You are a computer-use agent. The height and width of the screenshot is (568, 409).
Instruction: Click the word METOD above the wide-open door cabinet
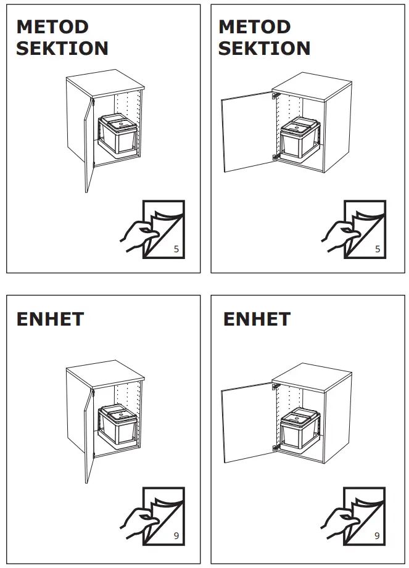(254, 27)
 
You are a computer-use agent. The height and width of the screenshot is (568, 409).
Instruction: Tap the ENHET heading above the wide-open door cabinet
(256, 319)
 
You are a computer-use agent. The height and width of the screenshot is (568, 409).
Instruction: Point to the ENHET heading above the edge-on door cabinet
(50, 319)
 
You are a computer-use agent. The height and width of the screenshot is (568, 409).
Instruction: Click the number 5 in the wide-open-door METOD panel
(378, 249)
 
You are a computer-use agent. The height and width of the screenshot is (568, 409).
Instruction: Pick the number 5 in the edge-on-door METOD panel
(176, 249)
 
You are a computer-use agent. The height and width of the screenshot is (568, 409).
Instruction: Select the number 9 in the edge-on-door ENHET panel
(176, 536)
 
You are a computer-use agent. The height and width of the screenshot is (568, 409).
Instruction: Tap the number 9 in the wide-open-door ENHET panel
(378, 536)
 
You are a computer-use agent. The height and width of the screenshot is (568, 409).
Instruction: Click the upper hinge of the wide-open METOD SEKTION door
(275, 96)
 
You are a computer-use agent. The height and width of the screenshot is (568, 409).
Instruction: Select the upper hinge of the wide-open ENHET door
(275, 385)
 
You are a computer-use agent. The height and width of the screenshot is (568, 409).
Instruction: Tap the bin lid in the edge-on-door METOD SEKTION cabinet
(118, 121)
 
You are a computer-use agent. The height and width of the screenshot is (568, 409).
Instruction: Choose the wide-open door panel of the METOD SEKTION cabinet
(247, 128)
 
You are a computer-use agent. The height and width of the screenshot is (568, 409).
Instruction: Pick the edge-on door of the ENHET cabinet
(88, 435)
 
